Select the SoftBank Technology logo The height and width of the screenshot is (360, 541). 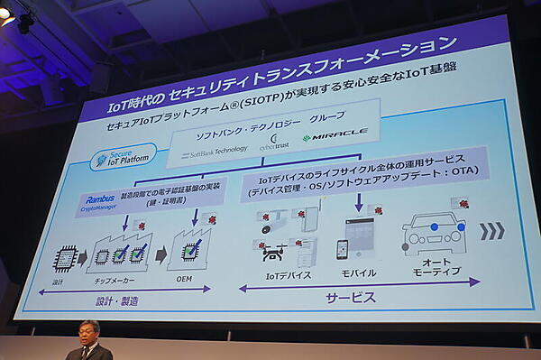click(x=214, y=152)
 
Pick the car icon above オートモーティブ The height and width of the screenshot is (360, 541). click(x=434, y=233)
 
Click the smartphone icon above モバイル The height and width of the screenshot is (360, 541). click(x=343, y=249)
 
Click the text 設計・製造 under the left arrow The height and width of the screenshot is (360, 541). click(x=117, y=300)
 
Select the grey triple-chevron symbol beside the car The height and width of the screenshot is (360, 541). click(x=491, y=230)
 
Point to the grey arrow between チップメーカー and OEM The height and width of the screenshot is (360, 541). click(x=160, y=254)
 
